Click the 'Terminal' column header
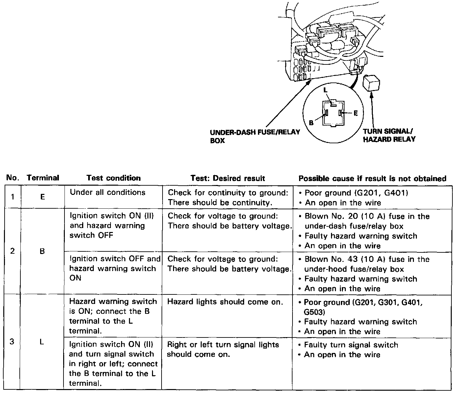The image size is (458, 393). [43, 178]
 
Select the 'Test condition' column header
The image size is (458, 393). [114, 178]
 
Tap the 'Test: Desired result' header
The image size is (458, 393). [228, 178]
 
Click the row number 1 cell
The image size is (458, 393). [13, 197]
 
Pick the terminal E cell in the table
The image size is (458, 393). [42, 197]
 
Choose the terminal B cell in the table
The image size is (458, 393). [42, 251]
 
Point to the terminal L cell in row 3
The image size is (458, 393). [42, 342]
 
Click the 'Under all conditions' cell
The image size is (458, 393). [108, 192]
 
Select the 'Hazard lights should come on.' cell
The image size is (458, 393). [225, 302]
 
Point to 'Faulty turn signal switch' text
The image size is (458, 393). [351, 345]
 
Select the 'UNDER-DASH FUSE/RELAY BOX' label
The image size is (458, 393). [255, 136]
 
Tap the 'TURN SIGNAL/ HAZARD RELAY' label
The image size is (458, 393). [389, 135]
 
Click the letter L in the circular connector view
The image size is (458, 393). [325, 90]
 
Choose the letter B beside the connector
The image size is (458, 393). [311, 123]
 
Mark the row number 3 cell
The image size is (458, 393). [12, 342]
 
